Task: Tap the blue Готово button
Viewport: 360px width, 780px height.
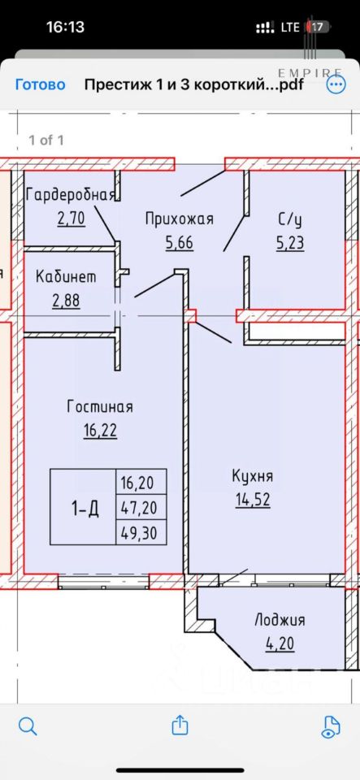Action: pos(41,84)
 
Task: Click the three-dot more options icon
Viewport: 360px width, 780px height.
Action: pos(335,84)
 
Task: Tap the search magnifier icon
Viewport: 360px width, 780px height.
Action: pos(28,726)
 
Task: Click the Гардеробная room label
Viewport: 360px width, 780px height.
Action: pos(71,194)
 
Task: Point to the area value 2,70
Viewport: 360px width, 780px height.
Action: pos(71,219)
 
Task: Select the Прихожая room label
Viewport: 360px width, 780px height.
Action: pos(180,219)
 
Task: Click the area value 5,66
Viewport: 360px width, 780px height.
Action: pos(179,243)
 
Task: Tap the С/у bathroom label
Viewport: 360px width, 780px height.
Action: pos(290,219)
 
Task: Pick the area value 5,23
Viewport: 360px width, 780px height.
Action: pos(290,243)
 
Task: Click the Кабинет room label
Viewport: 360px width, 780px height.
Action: pos(66,277)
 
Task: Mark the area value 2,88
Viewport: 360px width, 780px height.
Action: pos(66,301)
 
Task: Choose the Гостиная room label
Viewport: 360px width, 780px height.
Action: pos(100,407)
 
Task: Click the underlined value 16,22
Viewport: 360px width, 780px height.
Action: pos(100,431)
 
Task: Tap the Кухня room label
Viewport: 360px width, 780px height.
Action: pos(253,476)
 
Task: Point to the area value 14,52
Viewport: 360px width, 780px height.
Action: pos(253,500)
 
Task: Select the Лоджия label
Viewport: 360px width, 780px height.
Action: pos(280,620)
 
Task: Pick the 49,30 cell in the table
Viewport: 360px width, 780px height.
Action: pos(139,533)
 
